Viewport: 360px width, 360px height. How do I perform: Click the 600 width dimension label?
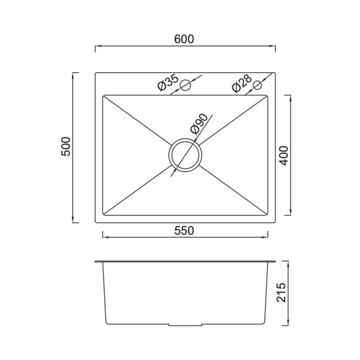point(184,39)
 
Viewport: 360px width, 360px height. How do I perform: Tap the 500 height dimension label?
point(66,147)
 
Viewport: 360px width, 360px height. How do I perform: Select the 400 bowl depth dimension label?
point(283,155)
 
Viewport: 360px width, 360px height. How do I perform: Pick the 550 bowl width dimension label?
point(184,231)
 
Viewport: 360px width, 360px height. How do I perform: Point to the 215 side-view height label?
point(281,292)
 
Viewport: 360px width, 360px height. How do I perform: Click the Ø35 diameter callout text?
point(168,82)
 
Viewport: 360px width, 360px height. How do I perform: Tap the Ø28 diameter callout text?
point(242,83)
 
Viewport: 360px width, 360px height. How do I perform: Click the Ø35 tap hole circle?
point(185,85)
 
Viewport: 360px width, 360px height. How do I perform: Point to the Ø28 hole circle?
point(257,85)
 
